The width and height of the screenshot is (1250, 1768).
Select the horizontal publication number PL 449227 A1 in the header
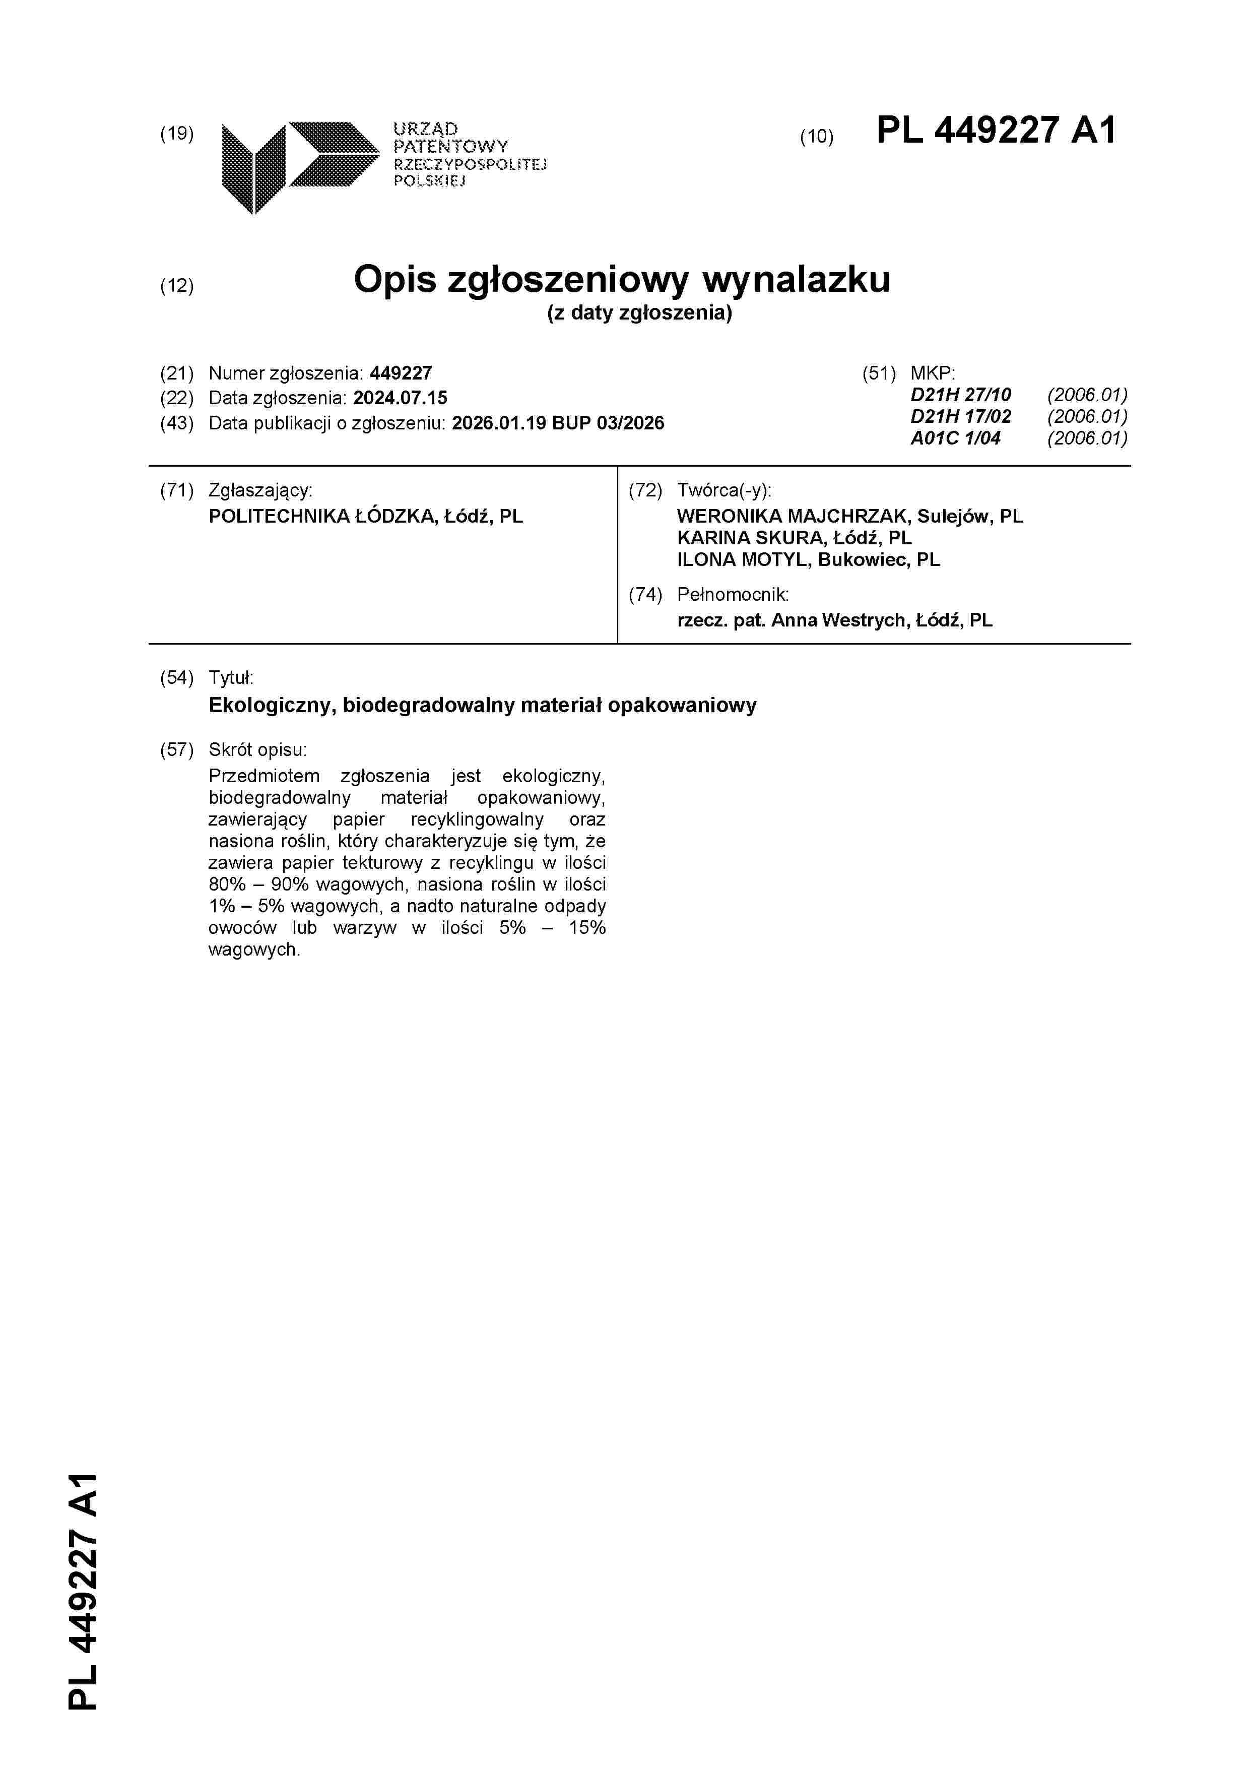996,131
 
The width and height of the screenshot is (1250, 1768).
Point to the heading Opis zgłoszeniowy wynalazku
621,280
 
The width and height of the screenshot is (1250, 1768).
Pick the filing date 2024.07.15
400,398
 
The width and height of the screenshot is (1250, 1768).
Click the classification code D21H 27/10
961,395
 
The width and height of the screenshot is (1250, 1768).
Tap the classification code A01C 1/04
955,438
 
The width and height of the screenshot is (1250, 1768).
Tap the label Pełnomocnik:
733,595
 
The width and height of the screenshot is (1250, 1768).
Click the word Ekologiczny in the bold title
270,706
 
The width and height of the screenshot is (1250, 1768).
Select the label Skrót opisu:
257,750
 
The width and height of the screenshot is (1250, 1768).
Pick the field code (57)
176,750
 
